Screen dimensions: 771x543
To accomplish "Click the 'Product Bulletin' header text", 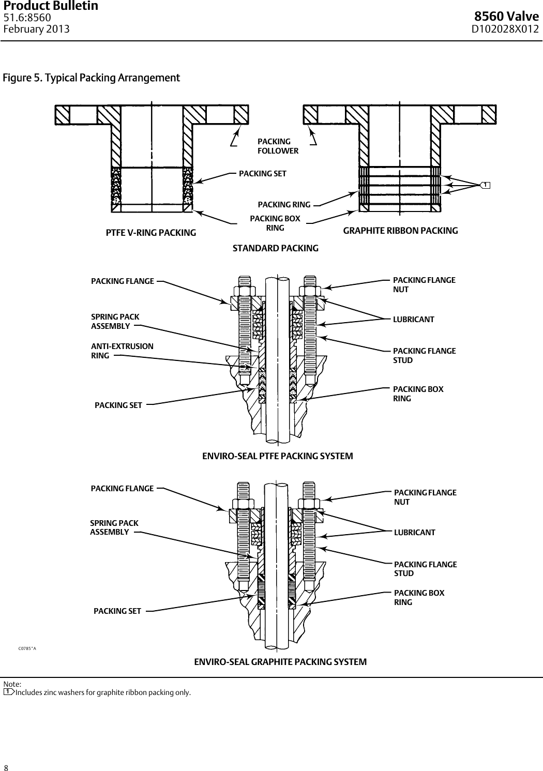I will coord(51,6).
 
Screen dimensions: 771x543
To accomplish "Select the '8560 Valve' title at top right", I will coord(507,18).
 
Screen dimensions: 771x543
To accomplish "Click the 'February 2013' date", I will coord(36,29).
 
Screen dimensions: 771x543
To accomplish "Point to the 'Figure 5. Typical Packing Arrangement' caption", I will coord(92,78).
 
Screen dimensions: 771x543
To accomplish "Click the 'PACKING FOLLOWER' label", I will coord(278,146).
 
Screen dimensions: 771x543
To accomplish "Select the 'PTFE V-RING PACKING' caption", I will coord(151,233).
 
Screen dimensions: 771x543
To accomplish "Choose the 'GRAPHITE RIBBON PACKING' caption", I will coord(400,231).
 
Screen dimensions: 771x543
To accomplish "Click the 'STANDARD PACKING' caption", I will coord(276,248).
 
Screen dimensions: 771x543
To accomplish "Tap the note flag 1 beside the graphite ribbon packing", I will coord(485,185).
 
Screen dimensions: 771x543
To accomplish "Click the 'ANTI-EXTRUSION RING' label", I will coord(122,351).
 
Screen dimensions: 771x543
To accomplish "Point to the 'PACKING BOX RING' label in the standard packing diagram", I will coord(275,223).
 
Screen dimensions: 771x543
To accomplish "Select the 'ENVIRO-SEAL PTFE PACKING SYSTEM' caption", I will coord(277,456).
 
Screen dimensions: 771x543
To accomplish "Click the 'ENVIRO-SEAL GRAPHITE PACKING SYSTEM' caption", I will coord(280,662).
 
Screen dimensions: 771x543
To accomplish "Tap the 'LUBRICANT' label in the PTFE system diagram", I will coord(413,320).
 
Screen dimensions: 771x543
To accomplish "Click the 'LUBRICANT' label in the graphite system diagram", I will coord(414,533).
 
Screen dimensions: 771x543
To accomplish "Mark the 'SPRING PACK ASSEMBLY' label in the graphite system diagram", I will coord(114,527).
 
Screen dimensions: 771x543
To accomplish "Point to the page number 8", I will coord(6,767).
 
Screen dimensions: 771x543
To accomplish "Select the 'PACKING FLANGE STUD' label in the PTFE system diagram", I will coord(424,355).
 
